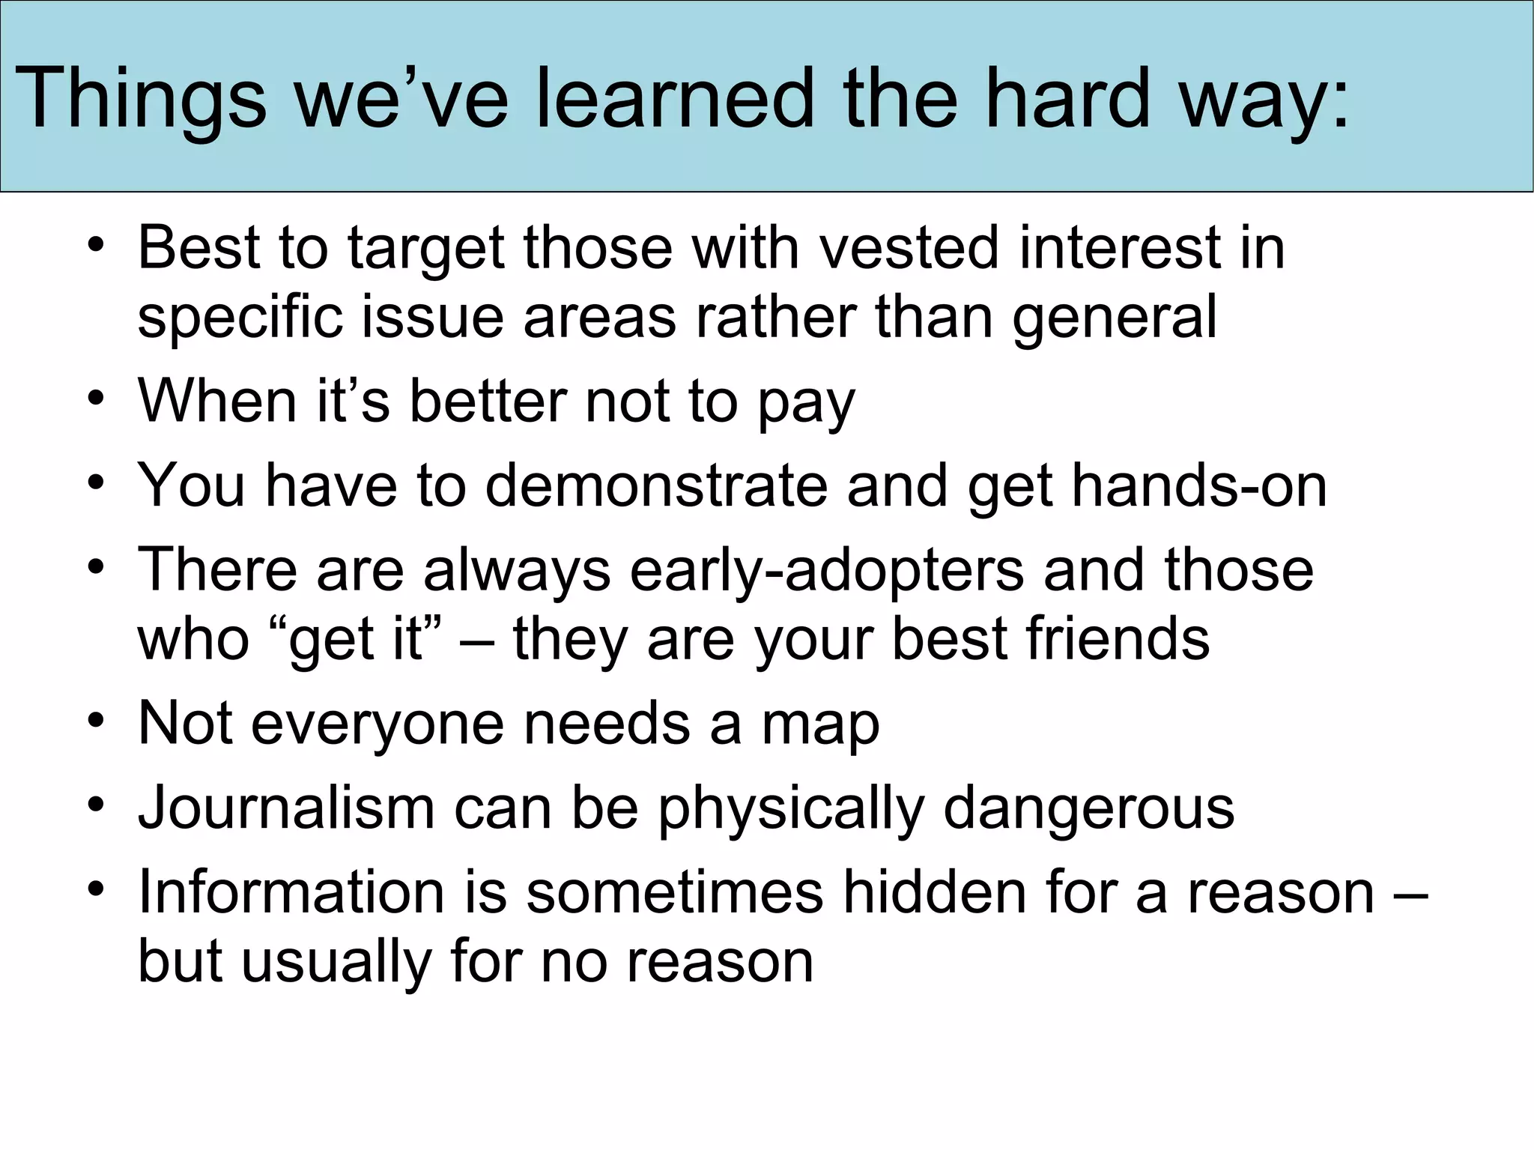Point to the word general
[x=1115, y=318]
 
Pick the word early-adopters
[x=827, y=571]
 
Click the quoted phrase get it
[x=355, y=641]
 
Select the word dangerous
[x=1088, y=809]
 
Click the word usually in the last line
[x=336, y=963]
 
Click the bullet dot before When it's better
[x=96, y=399]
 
